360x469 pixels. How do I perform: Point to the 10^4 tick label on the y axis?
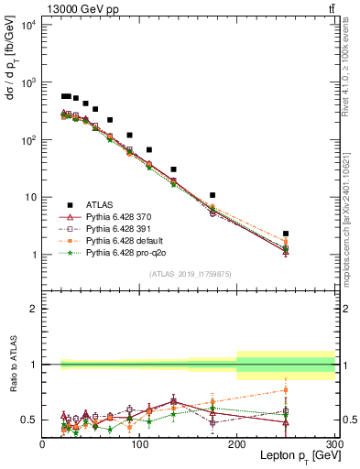(x=27, y=25)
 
